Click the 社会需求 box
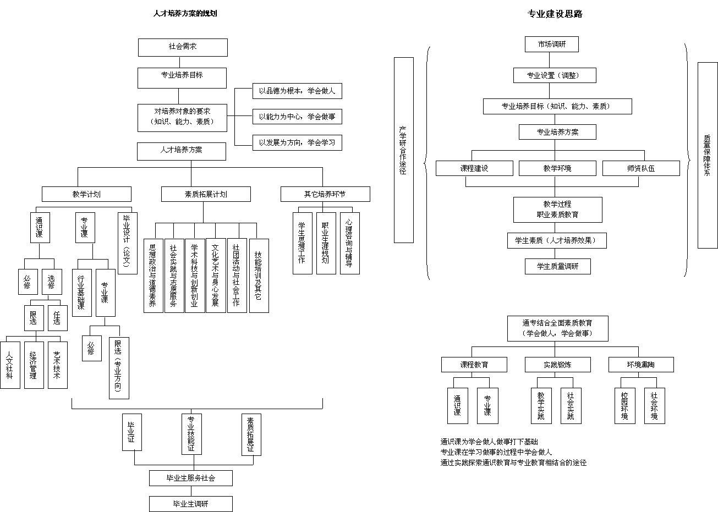[182, 47]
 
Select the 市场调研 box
[551, 44]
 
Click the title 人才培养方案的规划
[185, 13]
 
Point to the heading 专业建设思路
[555, 14]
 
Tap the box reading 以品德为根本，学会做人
[297, 91]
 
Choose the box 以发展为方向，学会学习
[297, 142]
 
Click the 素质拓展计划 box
[206, 194]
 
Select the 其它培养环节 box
[325, 194]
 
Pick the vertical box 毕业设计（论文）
[127, 243]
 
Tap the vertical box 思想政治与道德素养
[153, 276]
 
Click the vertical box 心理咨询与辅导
[349, 243]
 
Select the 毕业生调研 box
[190, 504]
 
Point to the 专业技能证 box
[191, 434]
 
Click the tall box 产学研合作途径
[403, 150]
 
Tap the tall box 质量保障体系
[707, 155]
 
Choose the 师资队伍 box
[641, 168]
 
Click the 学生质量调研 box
[557, 267]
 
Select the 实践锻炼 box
[558, 365]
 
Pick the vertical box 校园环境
[624, 406]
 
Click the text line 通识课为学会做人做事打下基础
[489, 442]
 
